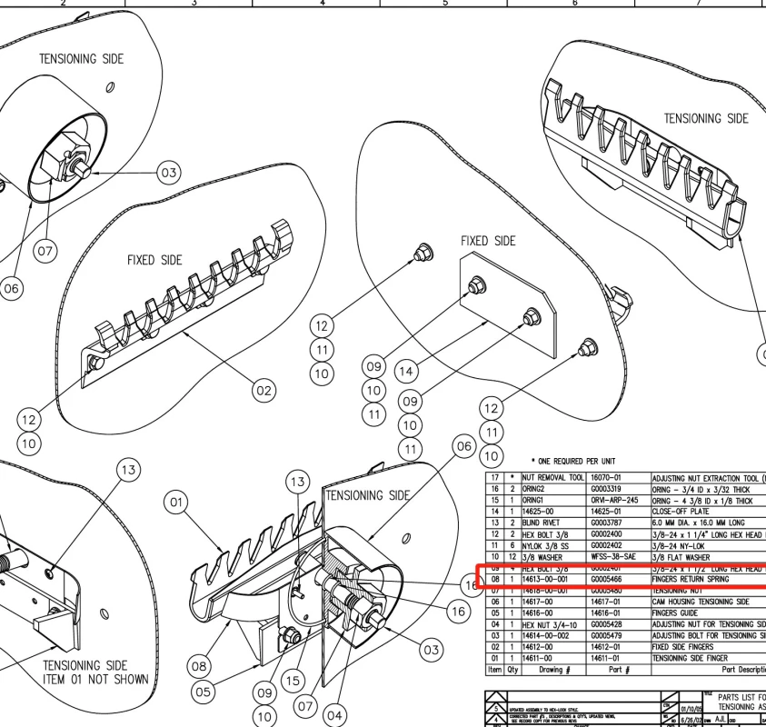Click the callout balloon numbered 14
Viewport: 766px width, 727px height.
tap(406, 371)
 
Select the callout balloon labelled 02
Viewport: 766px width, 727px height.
tap(263, 391)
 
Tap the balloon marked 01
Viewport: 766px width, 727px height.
tap(176, 502)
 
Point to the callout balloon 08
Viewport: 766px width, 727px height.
tap(200, 666)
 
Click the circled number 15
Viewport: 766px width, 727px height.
tap(293, 681)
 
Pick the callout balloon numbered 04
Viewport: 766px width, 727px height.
tap(334, 715)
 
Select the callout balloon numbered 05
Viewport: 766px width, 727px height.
tap(203, 692)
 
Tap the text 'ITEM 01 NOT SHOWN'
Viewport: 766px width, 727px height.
tap(95, 679)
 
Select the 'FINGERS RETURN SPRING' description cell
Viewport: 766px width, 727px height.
tap(690, 579)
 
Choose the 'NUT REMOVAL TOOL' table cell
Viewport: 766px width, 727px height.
tap(552, 478)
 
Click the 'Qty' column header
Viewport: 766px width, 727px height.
tap(512, 670)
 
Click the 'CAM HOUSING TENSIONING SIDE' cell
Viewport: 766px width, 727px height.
tap(700, 602)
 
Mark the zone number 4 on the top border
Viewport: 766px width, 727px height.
tap(323, 4)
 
